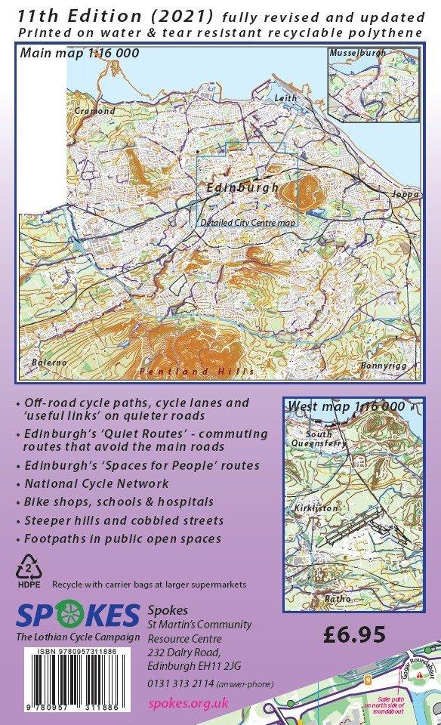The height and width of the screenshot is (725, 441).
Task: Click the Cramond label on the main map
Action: (95, 111)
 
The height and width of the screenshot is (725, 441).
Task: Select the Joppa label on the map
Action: (400, 194)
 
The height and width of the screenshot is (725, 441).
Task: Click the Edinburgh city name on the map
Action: (242, 187)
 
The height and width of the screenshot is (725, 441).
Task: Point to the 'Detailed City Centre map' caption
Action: (248, 223)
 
